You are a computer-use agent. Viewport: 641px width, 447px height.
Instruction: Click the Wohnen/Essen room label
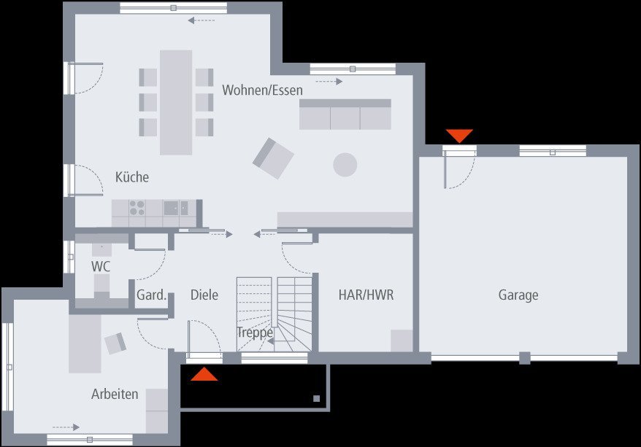tap(262, 90)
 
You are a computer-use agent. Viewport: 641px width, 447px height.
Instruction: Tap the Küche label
tap(132, 177)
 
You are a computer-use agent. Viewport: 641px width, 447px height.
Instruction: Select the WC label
tap(101, 266)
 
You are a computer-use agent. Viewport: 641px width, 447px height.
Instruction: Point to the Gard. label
tap(152, 295)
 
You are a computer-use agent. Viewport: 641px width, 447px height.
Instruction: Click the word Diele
tap(204, 295)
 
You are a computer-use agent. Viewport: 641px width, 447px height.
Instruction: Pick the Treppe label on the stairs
tap(255, 333)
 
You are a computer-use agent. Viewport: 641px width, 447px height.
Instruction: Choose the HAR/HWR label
tap(366, 295)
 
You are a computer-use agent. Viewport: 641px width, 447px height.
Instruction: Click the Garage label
tap(518, 295)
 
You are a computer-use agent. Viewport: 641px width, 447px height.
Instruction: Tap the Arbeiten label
tap(115, 394)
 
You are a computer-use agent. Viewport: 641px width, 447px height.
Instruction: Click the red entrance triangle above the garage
tap(460, 136)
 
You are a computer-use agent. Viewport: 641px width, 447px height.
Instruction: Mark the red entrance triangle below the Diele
tap(204, 375)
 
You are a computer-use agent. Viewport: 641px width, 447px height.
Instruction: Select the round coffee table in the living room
tap(345, 164)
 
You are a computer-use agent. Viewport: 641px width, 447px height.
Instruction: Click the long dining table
tap(176, 102)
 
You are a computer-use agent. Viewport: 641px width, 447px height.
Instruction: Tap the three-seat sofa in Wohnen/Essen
tap(345, 114)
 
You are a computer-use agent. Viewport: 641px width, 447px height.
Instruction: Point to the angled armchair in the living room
tap(273, 158)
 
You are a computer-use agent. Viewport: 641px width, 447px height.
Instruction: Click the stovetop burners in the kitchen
tap(137, 208)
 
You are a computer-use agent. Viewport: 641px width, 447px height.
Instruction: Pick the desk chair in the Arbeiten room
tap(115, 343)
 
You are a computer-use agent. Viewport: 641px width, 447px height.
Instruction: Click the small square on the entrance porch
tap(316, 398)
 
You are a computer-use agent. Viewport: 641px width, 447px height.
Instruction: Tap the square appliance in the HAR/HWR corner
tap(402, 341)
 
